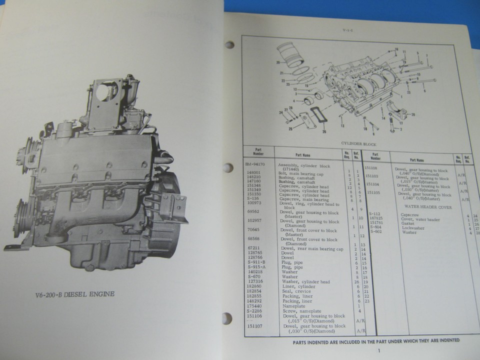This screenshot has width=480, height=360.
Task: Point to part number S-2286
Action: point(255,310)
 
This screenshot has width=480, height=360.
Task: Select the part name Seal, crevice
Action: point(295,291)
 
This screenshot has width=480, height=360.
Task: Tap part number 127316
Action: point(255,281)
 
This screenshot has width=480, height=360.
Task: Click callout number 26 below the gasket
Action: point(323,132)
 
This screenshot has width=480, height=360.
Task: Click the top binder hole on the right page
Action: point(229,45)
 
